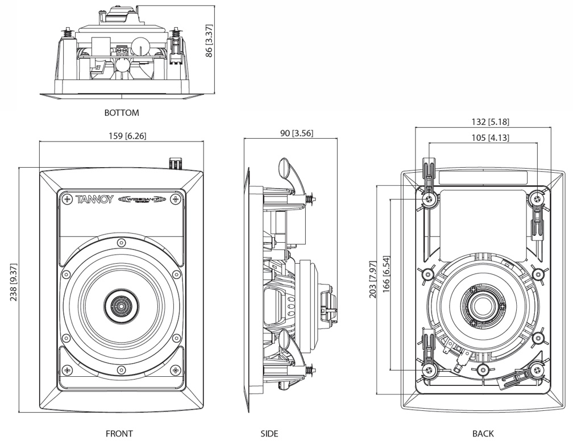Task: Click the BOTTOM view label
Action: pyautogui.click(x=121, y=113)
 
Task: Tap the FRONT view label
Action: pyautogui.click(x=119, y=434)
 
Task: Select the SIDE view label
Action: pyautogui.click(x=269, y=434)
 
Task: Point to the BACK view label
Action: pyautogui.click(x=483, y=434)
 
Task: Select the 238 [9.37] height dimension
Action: pyautogui.click(x=12, y=289)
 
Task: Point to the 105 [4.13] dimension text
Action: pyautogui.click(x=483, y=137)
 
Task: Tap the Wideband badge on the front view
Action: pyautogui.click(x=141, y=199)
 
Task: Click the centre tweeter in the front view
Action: pyautogui.click(x=121, y=306)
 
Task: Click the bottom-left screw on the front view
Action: pyautogui.click(x=68, y=371)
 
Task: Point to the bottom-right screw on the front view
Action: pyautogui.click(x=175, y=371)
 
